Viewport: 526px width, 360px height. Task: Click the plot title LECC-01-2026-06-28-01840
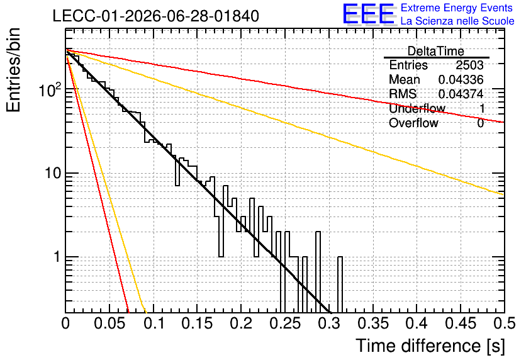coord(156,16)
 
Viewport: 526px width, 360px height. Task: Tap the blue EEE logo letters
coord(369,14)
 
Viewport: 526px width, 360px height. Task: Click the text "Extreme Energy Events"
coord(457,8)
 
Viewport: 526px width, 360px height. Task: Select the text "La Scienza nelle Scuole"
coord(457,21)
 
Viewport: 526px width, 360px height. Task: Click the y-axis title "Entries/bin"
coord(13,70)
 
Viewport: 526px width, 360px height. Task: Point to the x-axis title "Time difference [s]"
coord(430,346)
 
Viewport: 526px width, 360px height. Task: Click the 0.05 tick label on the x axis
coord(109,323)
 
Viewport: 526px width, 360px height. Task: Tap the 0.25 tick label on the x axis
coord(285,323)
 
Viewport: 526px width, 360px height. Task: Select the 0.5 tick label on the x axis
coord(504,323)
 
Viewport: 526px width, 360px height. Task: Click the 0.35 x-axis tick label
coord(373,323)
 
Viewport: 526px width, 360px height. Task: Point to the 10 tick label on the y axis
coord(53,173)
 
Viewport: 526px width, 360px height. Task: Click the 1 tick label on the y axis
coord(57,257)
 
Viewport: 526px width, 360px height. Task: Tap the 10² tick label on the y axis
coord(50,89)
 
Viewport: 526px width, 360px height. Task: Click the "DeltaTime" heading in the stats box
coord(435,51)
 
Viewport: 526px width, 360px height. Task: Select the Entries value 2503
coord(469,65)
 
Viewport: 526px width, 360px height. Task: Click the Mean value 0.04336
coord(461,79)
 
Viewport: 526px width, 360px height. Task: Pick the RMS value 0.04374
coord(461,94)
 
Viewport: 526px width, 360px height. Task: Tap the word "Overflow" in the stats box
coord(413,123)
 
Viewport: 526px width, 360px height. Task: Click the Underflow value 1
coord(482,108)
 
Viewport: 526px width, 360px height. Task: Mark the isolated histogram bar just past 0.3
coord(340,284)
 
